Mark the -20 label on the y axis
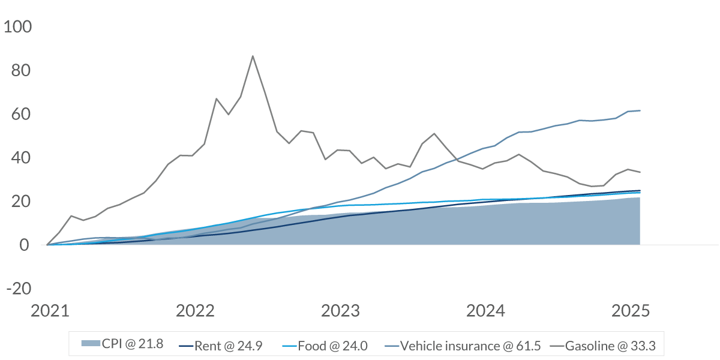pos(20,289)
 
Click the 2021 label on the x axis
pos(50,311)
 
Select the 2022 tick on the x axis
pos(196,311)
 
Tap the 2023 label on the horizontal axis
pos(341,311)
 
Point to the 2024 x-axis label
pos(487,311)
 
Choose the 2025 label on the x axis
pos(631,311)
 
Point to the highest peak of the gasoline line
pos(253,56)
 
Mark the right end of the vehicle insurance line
pos(640,110)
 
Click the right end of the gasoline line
pos(640,172)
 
